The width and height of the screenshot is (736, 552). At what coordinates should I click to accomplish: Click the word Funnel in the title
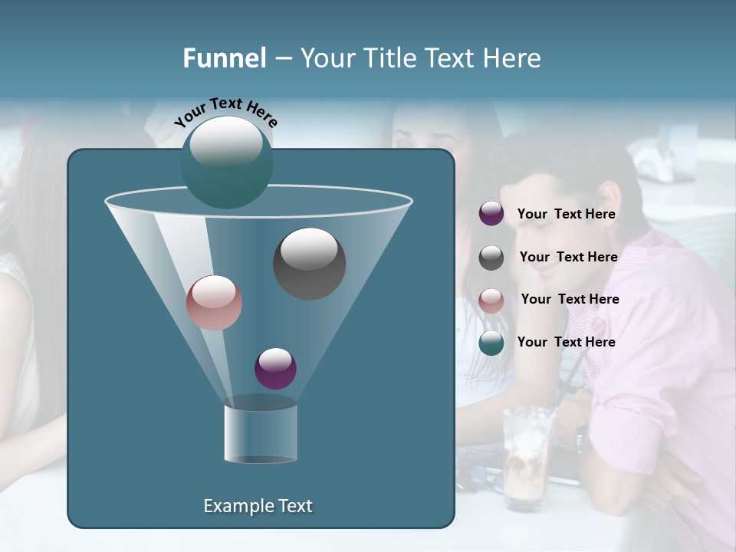coord(224,58)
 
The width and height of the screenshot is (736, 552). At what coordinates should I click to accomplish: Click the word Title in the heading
coord(390,58)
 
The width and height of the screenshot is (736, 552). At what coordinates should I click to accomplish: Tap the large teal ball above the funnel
coord(226,161)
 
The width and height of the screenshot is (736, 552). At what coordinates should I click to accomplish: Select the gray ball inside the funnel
coord(309,263)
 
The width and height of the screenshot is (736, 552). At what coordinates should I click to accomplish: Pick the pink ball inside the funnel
coord(214,303)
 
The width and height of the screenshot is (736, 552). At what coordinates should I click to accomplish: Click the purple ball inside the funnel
coord(275,368)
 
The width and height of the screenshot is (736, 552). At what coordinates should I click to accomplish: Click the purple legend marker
coord(491,214)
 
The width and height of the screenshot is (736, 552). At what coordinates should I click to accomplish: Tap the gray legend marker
coord(491,258)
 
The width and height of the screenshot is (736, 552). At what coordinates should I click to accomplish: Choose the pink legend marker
coord(491,301)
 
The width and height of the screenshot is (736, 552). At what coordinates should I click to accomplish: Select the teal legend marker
coord(491,343)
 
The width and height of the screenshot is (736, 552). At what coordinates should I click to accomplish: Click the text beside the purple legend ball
coord(566,214)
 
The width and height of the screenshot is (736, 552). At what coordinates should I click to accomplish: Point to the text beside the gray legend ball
coord(568,257)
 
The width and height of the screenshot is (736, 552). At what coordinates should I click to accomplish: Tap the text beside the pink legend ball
coord(570,299)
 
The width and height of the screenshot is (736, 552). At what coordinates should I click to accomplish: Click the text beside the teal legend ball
coord(566,342)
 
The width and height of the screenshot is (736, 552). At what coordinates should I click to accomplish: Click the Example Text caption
coord(258,506)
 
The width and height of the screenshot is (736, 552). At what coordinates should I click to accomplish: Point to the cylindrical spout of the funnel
coord(260,433)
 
